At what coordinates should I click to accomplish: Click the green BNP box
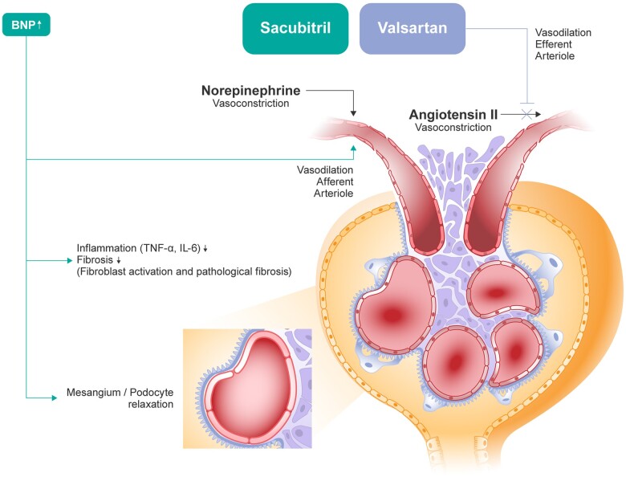pos(27,25)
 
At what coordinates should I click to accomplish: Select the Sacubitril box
pos(296,28)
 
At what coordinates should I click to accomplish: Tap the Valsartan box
pos(413,28)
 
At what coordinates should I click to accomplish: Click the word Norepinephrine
pos(251,91)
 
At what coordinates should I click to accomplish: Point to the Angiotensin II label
pos(453,115)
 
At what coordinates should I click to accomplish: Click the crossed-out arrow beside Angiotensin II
pos(526,115)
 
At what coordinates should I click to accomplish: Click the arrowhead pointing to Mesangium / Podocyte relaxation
pos(54,396)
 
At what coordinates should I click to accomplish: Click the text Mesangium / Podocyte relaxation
pos(120,398)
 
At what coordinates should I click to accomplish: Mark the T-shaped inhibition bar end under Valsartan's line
pos(526,102)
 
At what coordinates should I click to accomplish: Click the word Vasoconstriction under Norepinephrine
pos(251,104)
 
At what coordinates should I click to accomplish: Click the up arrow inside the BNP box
pos(39,25)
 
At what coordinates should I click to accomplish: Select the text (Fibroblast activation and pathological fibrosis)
pos(184,272)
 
